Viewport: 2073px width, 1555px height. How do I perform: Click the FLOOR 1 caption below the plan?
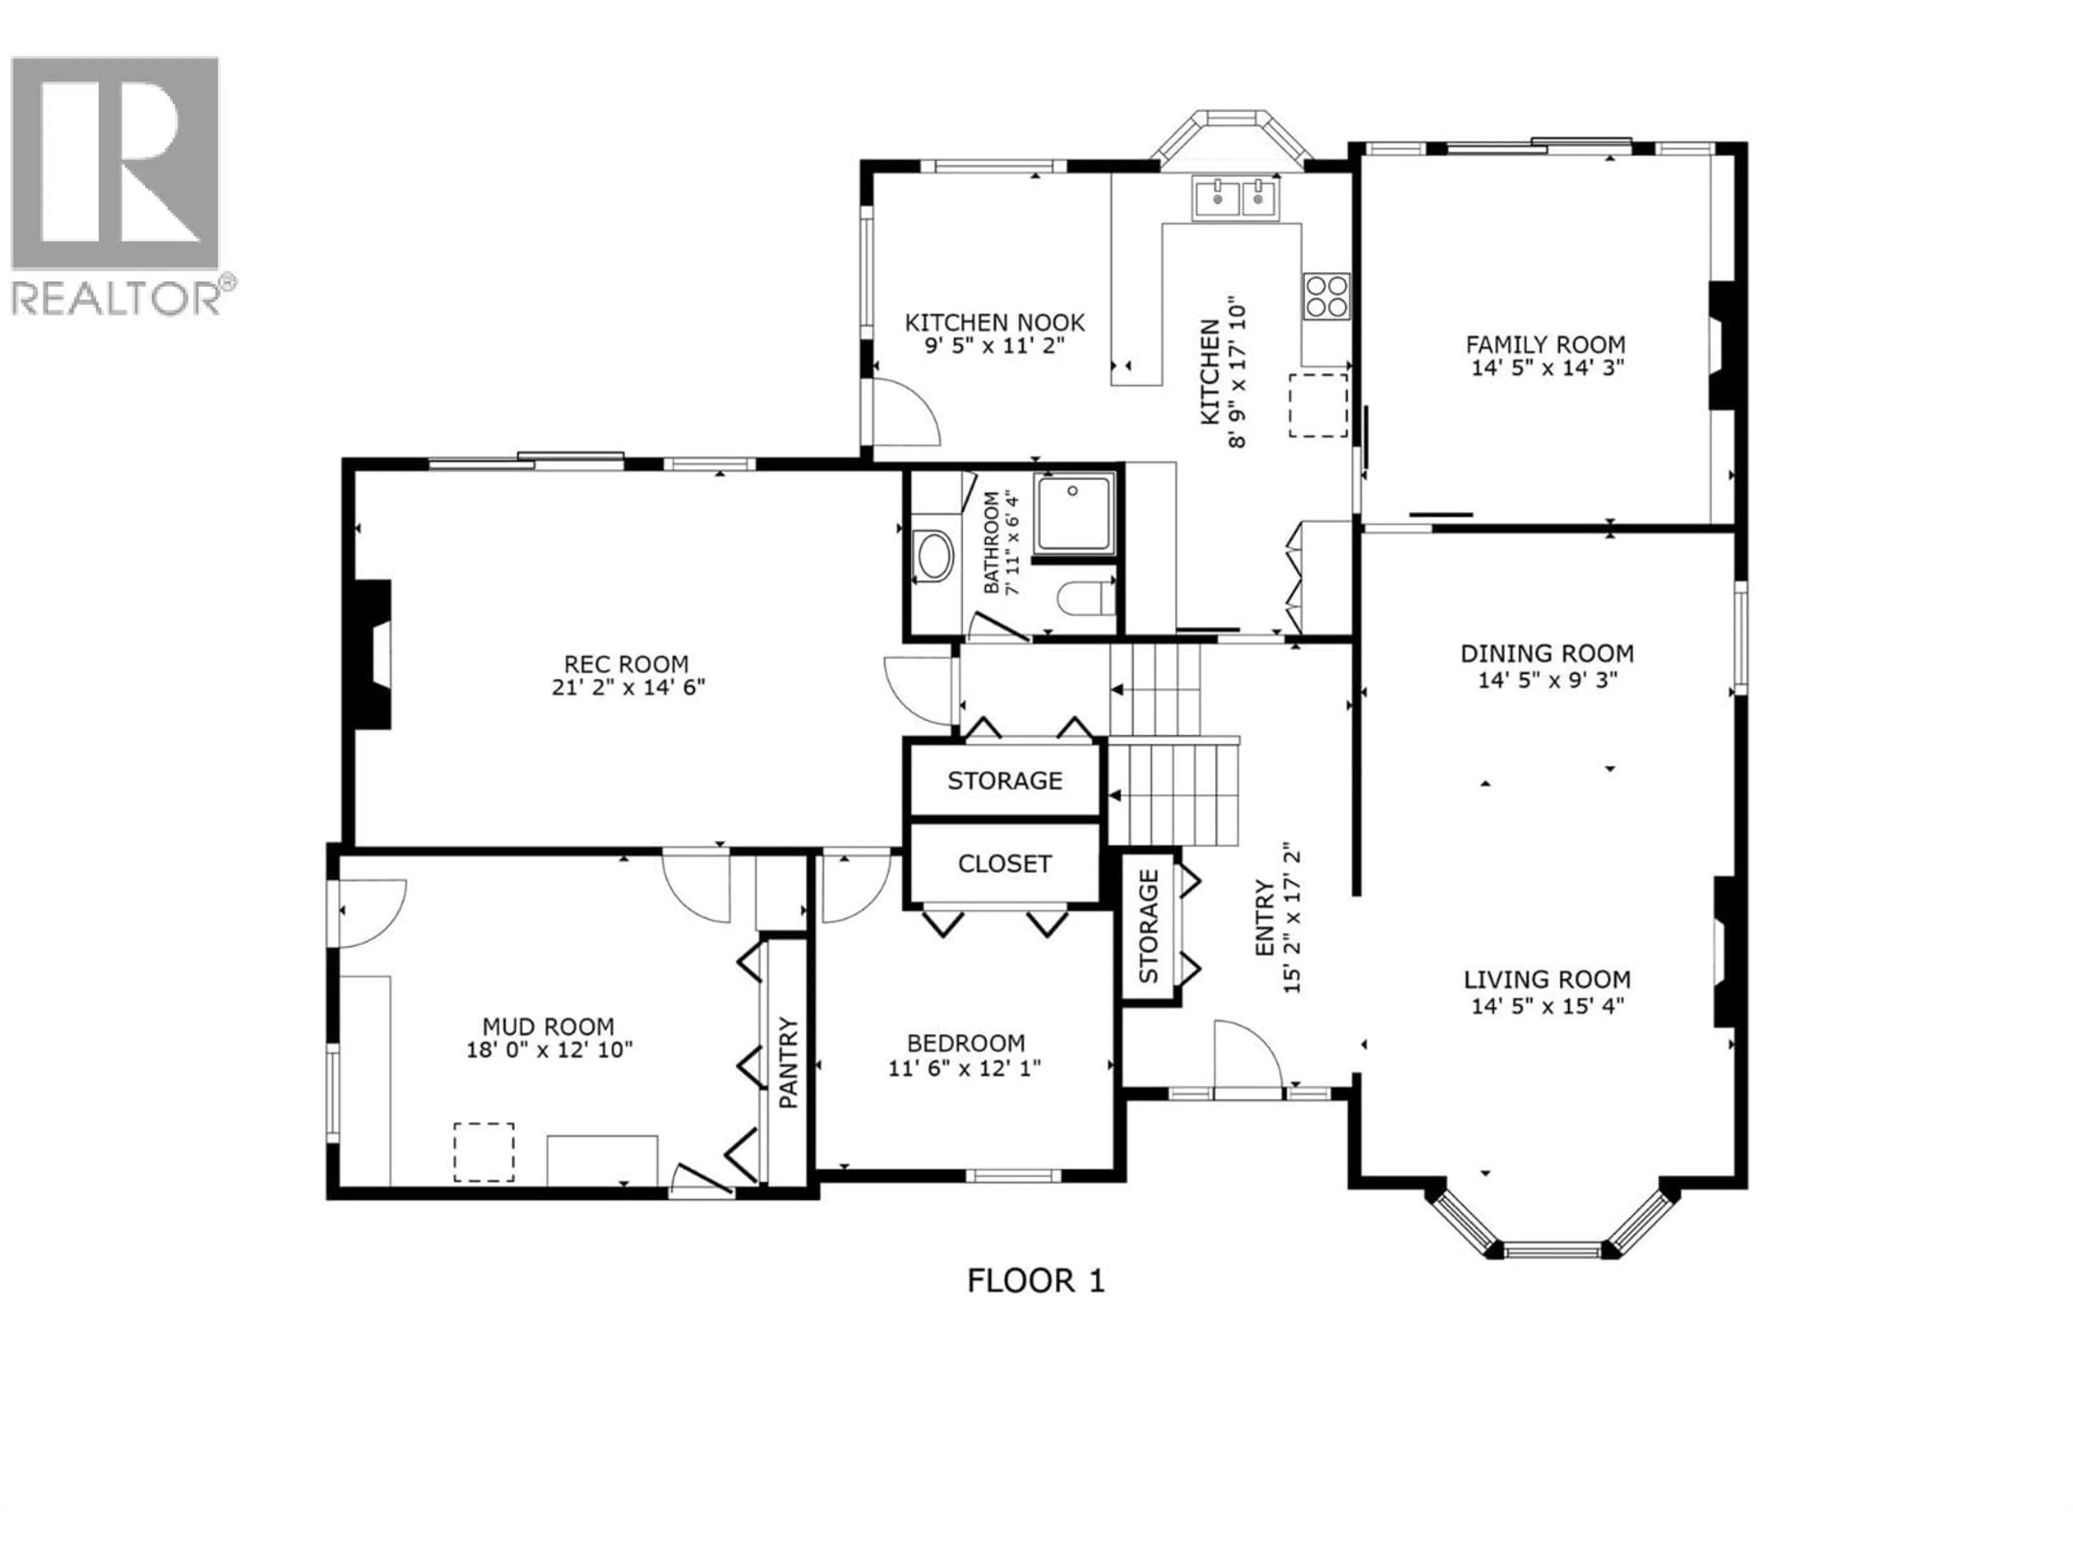tap(1035, 1280)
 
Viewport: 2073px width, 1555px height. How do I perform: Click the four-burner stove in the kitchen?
tap(1326, 296)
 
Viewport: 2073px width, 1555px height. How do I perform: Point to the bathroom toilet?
tap(1087, 598)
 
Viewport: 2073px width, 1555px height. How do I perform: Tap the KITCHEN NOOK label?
tap(994, 322)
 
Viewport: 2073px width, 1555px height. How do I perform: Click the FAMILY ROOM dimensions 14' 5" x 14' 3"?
tap(1546, 368)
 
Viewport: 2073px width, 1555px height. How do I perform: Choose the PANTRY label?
tap(788, 1062)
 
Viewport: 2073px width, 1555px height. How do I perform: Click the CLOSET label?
tap(1004, 863)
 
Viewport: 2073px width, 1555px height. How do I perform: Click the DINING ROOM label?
tap(1546, 653)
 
